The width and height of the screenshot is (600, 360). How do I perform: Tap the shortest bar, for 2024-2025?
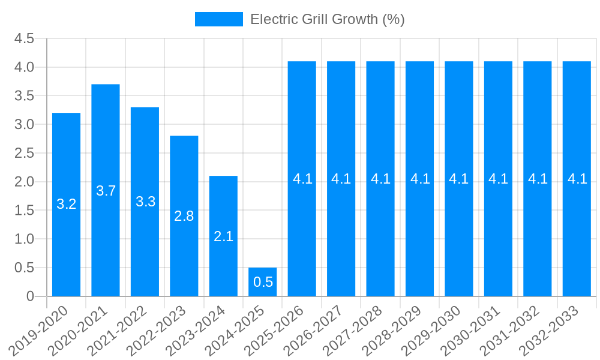point(263,282)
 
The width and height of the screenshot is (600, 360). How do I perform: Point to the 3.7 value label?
point(106,191)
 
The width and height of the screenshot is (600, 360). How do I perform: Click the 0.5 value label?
point(263,282)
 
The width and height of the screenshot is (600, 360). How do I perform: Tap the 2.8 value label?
point(184,216)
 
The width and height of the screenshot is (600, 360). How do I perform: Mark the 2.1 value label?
point(223,236)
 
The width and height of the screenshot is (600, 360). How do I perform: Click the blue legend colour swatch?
point(218,19)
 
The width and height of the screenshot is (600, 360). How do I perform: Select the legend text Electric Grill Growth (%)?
point(328,19)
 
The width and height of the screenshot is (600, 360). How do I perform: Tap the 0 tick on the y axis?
point(31,296)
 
